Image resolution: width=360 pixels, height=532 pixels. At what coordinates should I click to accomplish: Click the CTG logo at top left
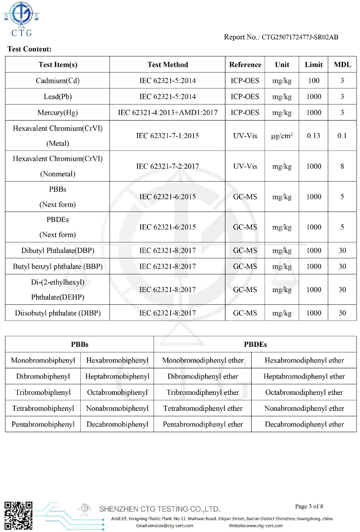[21, 19]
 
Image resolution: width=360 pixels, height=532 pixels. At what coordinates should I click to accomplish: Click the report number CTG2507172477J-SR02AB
[281, 37]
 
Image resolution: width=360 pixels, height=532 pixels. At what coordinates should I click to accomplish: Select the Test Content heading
[29, 49]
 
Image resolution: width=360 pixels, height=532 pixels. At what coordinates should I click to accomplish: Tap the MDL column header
[342, 64]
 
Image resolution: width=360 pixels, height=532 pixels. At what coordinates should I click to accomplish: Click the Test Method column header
[168, 64]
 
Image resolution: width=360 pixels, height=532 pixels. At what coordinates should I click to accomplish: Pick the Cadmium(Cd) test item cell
[58, 81]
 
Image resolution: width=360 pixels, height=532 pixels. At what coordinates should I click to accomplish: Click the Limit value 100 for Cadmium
[313, 81]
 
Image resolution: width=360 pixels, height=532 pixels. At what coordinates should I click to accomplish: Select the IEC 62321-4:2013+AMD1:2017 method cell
[168, 113]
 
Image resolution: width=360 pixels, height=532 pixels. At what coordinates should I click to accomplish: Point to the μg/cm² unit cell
[282, 136]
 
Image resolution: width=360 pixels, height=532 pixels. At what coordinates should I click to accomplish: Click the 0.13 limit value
[313, 136]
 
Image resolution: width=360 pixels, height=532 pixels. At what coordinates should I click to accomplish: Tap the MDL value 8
[342, 166]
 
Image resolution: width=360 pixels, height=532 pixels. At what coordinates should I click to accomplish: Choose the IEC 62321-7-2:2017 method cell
[168, 166]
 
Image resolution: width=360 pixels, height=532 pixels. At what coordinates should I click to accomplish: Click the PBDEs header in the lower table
[255, 344]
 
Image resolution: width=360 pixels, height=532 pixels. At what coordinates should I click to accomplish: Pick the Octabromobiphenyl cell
[117, 392]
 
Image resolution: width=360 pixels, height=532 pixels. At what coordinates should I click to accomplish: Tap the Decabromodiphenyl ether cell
[304, 424]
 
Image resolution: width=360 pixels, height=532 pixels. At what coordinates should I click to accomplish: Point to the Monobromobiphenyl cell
[43, 361]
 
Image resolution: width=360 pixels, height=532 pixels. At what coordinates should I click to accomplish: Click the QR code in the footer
[18, 516]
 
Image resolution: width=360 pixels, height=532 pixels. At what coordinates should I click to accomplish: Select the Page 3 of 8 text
[309, 506]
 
